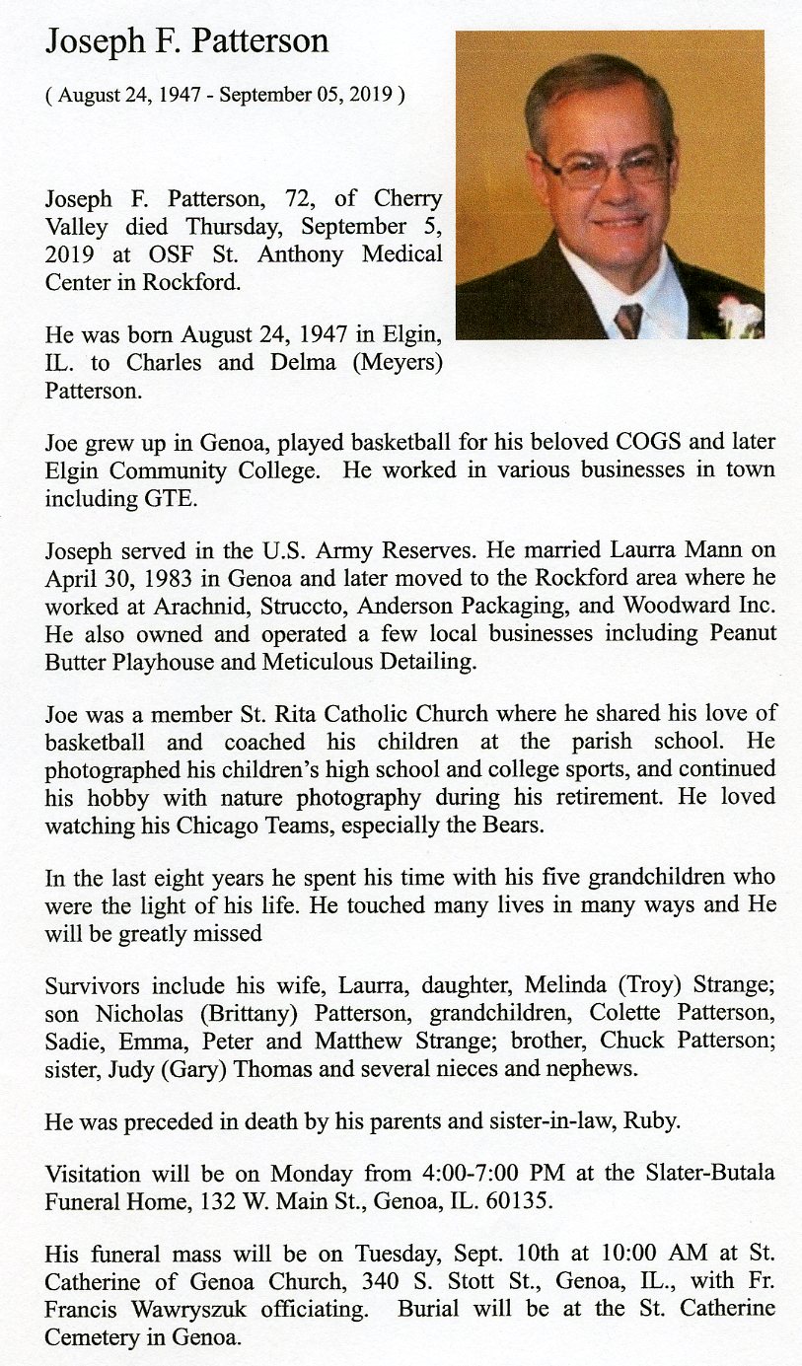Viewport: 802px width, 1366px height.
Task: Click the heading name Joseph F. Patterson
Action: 186,42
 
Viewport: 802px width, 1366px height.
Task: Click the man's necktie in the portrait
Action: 627,320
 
